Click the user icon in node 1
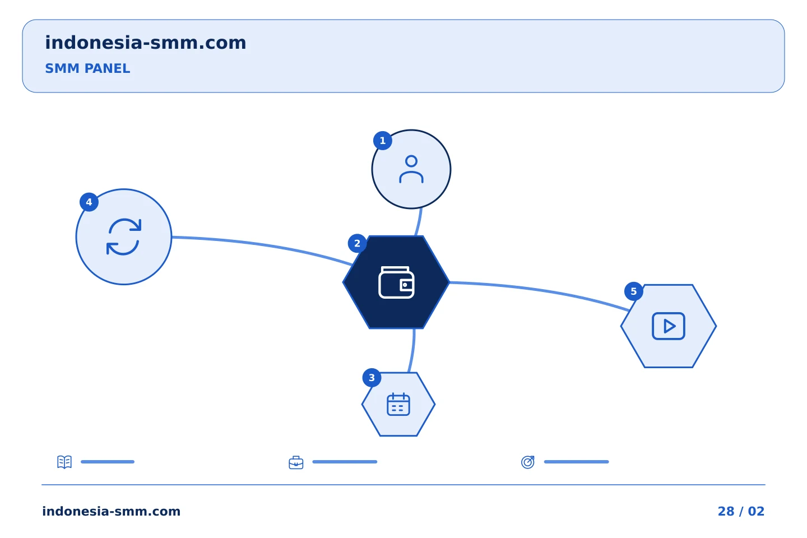[411, 169]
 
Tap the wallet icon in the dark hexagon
[396, 282]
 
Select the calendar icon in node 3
[398, 404]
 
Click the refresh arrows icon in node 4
[123, 236]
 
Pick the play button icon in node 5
[668, 326]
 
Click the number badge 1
[383, 141]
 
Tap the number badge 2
[357, 243]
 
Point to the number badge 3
[372, 378]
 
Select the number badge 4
[89, 202]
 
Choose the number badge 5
[634, 291]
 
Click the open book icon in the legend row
[64, 462]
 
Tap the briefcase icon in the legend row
[296, 462]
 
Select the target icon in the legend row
[528, 462]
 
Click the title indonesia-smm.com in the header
[146, 43]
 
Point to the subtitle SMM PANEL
[87, 68]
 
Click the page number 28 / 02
[741, 511]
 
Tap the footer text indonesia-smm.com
[112, 511]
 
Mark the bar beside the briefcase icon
[345, 462]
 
